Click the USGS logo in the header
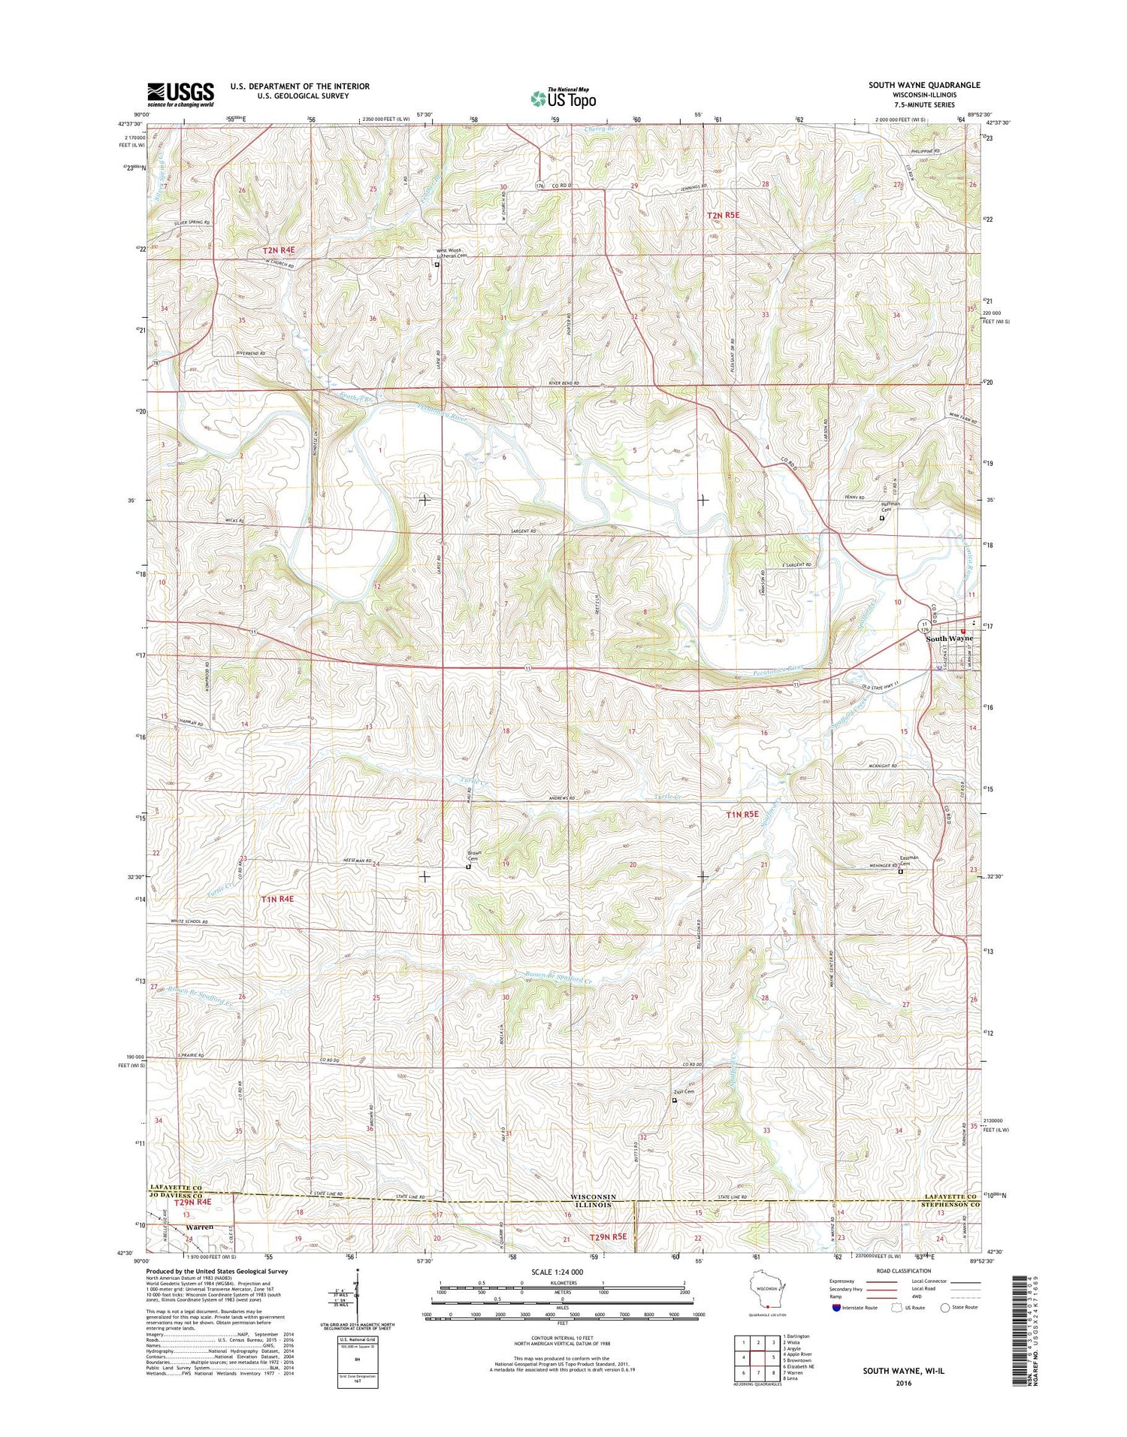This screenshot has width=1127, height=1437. coord(180,95)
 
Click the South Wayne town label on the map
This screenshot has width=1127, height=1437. coord(948,638)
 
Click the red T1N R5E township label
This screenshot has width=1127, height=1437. coord(742,814)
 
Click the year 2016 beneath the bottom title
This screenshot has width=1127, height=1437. coord(903,1382)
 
